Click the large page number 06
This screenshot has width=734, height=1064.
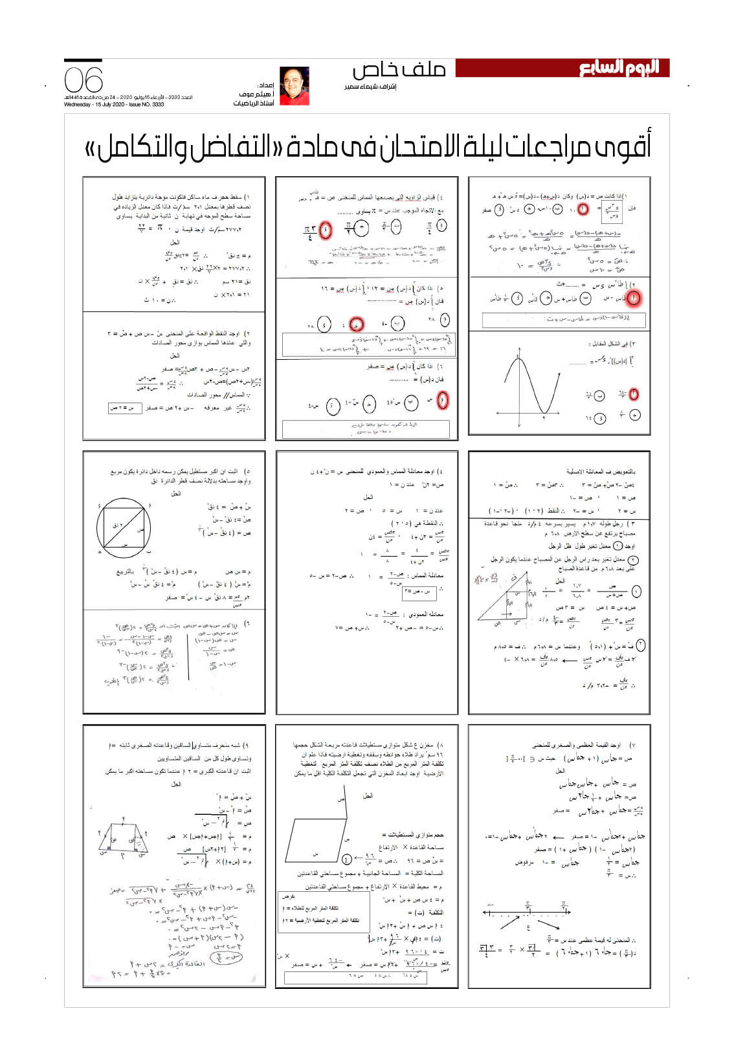click(83, 80)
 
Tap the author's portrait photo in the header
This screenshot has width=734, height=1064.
click(294, 85)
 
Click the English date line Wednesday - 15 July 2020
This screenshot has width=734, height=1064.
click(114, 104)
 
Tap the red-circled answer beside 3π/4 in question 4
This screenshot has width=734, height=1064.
click(326, 229)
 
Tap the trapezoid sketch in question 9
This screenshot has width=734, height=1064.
click(124, 839)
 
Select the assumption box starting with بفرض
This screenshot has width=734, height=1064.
click(319, 913)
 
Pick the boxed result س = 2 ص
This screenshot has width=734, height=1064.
click(124, 408)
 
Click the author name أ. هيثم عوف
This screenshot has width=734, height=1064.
click(256, 94)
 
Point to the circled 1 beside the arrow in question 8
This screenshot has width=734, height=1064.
click(348, 859)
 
